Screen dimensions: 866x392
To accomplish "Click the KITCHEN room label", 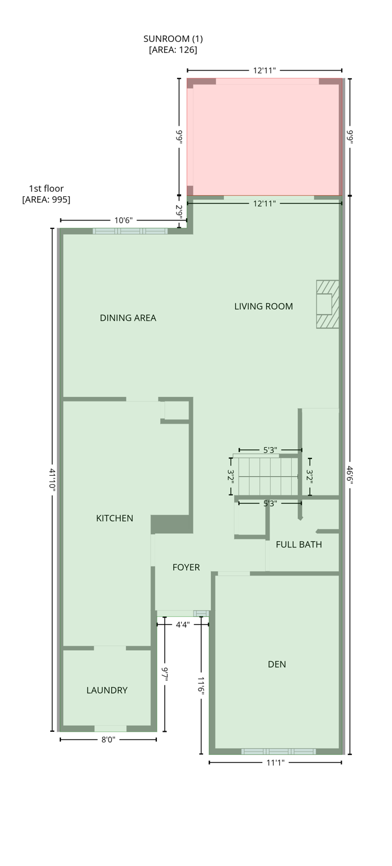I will tap(114, 518).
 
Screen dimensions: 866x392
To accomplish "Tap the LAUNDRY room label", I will tap(107, 690).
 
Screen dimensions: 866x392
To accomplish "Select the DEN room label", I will tap(277, 664).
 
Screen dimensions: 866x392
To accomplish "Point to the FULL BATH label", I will tap(299, 545).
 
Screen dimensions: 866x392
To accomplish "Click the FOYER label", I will tap(186, 567).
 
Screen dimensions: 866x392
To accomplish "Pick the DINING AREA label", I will tap(128, 318).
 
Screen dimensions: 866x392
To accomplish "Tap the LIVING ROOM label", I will tap(263, 306).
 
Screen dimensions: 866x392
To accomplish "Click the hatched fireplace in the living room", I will tap(327, 304).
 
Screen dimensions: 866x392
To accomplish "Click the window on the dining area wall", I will tap(130, 231).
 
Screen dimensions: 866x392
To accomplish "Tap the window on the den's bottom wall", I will tap(278, 752).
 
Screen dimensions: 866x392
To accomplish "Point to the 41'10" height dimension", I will tap(52, 480).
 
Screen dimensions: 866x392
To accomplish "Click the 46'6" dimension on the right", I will tap(350, 479).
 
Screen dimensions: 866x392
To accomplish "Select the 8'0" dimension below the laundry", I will tap(108, 740).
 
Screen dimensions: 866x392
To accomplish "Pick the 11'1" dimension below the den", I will tap(275, 763).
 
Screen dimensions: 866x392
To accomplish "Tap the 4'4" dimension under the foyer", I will tap(182, 625).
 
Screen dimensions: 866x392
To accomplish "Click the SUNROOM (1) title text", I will tap(173, 39).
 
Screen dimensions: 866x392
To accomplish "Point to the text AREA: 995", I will tap(46, 200).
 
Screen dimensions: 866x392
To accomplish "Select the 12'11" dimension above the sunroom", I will tap(265, 70).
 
